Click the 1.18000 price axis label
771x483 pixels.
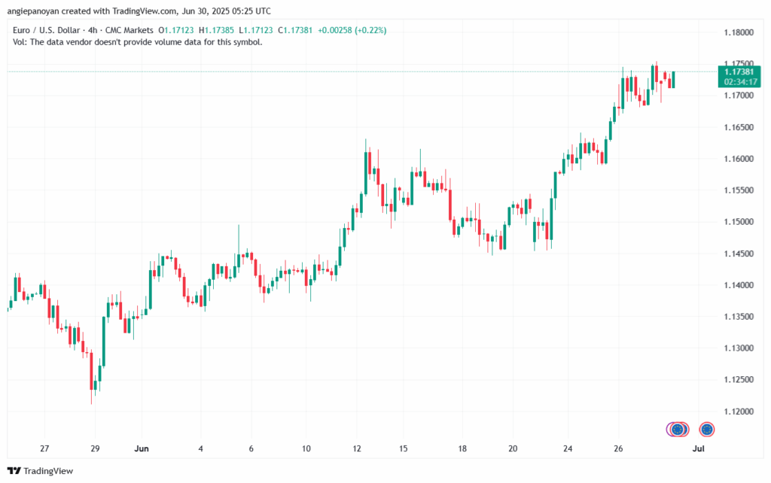pyautogui.click(x=737, y=32)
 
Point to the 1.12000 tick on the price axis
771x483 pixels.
pyautogui.click(x=737, y=412)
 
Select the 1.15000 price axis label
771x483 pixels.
pyautogui.click(x=737, y=222)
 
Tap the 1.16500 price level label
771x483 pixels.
pyautogui.click(x=737, y=127)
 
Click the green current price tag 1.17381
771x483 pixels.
pyautogui.click(x=737, y=71)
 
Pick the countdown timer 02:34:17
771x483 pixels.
pyautogui.click(x=737, y=80)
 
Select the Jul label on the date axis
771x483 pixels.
pyautogui.click(x=699, y=448)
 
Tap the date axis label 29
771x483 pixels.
pyautogui.click(x=94, y=448)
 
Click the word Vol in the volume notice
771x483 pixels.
pyautogui.click(x=20, y=42)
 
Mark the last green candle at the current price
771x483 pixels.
pyautogui.click(x=673, y=79)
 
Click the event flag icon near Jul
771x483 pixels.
pyautogui.click(x=707, y=430)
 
